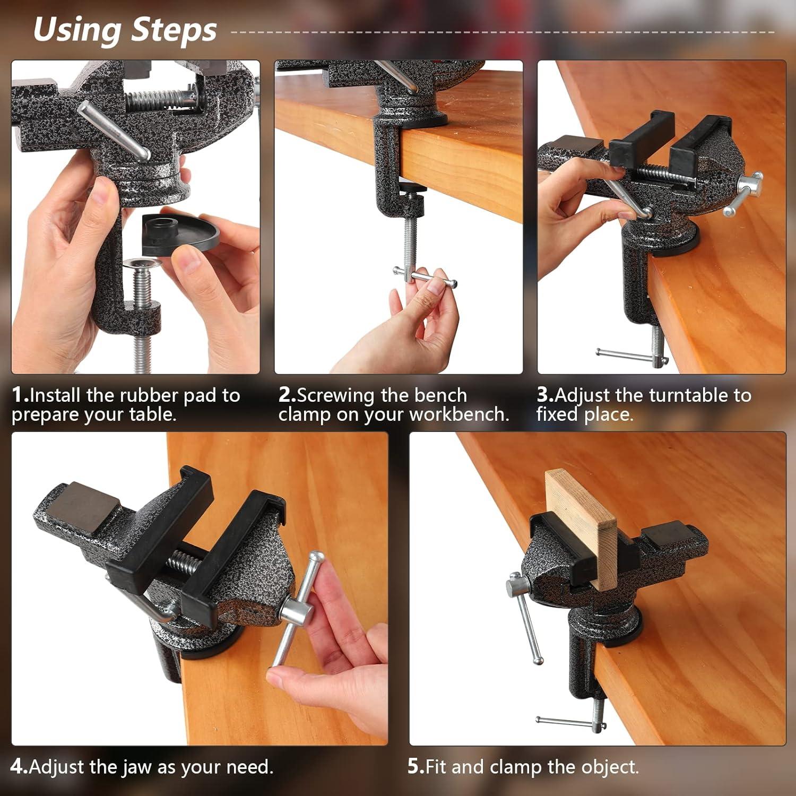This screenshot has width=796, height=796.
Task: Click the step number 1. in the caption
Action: pos(20,395)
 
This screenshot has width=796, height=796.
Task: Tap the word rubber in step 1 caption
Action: pos(149,395)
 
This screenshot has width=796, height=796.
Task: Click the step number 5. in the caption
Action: pos(416,767)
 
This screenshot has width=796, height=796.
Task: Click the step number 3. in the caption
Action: pos(545,395)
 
